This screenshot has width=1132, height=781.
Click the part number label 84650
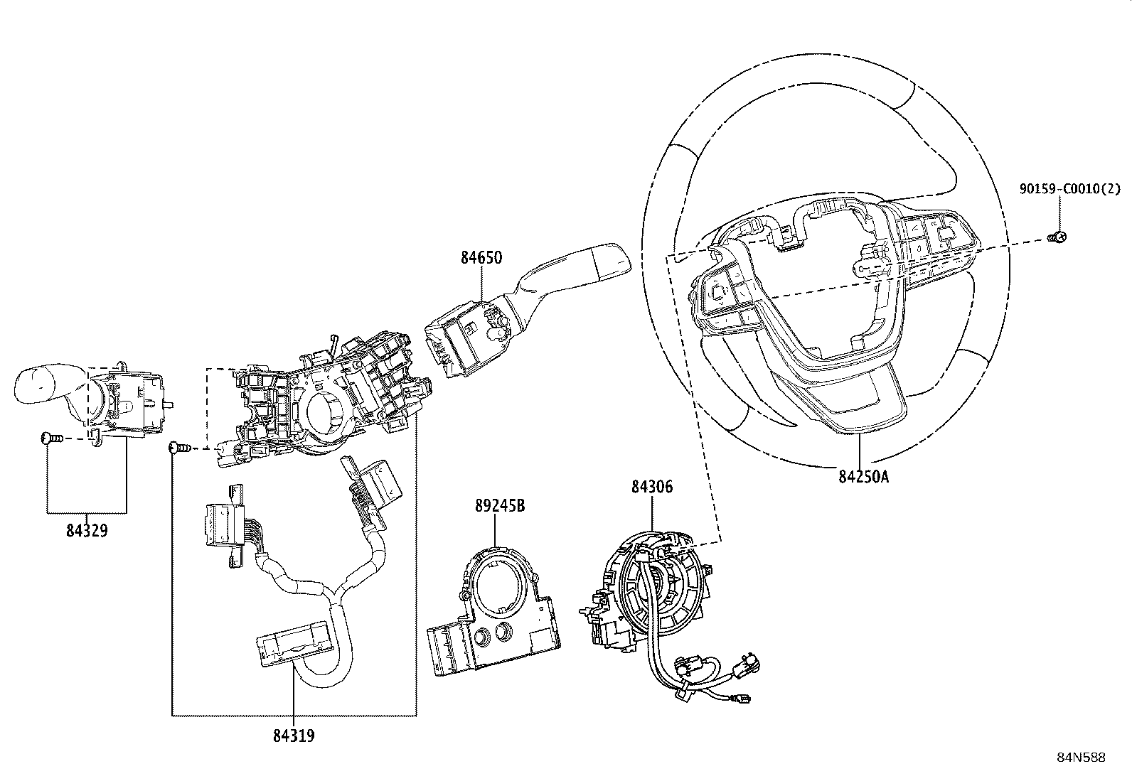click(x=481, y=258)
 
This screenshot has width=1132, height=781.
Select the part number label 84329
click(x=87, y=530)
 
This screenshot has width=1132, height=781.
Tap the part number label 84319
click(x=294, y=736)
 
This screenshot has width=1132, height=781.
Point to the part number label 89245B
click(x=500, y=506)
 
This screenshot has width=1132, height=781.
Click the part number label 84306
click(x=652, y=487)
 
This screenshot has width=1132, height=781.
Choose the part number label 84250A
click(x=864, y=476)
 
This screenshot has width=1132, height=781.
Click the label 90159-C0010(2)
click(x=1070, y=189)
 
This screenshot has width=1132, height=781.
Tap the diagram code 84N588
click(x=1081, y=758)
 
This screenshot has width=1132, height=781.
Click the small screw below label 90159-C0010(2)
click(x=1056, y=237)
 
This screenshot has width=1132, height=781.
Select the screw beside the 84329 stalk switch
click(x=51, y=438)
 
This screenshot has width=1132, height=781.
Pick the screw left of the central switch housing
click(x=179, y=447)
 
